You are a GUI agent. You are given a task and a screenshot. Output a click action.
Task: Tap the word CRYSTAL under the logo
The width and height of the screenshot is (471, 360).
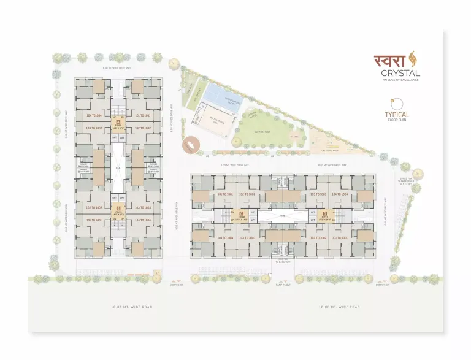pyautogui.click(x=399, y=74)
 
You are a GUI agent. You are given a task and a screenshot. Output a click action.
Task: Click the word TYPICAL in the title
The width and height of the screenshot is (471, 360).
pyautogui.click(x=397, y=114)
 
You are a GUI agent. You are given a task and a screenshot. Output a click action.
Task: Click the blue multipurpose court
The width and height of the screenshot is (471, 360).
pyautogui.click(x=214, y=95)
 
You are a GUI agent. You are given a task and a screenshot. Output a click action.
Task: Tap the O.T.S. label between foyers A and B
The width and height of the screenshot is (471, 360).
pyautogui.click(x=118, y=166)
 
